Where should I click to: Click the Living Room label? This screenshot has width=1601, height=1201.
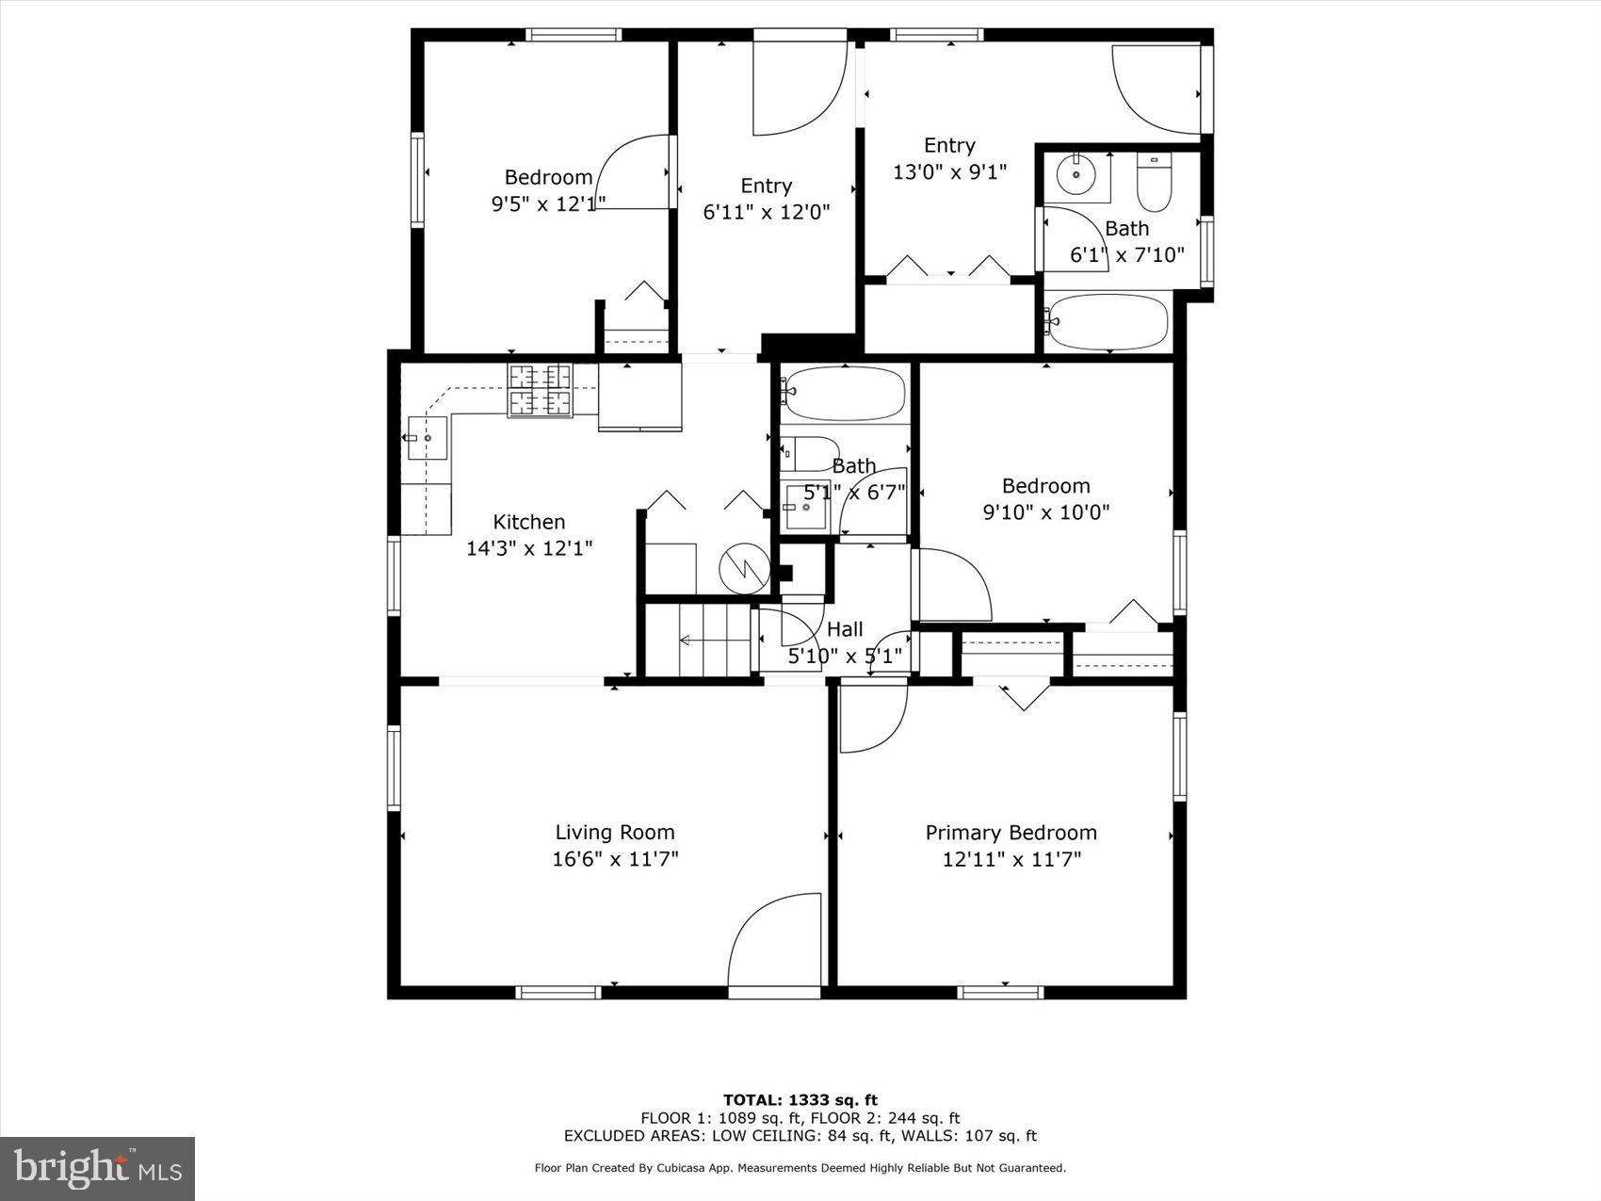(x=614, y=833)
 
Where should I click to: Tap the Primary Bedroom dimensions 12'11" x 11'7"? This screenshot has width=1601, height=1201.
(x=1011, y=859)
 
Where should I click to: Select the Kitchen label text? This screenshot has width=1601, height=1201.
(x=529, y=522)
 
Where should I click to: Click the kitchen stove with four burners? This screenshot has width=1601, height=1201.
(x=540, y=390)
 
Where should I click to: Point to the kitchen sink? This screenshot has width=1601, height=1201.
(x=427, y=438)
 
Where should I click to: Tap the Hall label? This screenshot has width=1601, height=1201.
(x=845, y=629)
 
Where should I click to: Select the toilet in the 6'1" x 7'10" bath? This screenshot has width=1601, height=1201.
(x=1153, y=183)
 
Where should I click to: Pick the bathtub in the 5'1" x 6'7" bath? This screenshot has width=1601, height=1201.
(x=845, y=392)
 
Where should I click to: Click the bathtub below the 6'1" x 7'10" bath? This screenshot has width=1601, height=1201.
(x=1108, y=322)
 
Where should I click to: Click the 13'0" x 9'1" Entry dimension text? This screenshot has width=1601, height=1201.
(x=949, y=172)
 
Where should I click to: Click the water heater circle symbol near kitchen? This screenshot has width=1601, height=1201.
(x=744, y=567)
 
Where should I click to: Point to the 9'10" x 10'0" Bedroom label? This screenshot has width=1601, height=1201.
(x=1045, y=486)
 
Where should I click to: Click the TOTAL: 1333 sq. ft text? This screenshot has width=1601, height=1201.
(x=800, y=1099)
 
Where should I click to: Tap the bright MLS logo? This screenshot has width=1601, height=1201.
(x=97, y=1168)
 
